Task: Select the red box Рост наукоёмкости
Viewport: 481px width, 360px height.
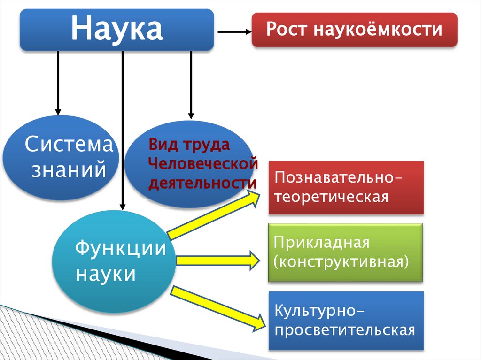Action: (x=354, y=30)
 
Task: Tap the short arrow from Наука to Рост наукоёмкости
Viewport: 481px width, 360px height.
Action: (x=234, y=31)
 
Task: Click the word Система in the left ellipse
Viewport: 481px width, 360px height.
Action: (x=69, y=144)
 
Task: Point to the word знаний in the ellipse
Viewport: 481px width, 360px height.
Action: (x=69, y=169)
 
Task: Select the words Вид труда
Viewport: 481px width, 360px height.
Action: (x=189, y=145)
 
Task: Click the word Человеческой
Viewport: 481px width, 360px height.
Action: (x=203, y=164)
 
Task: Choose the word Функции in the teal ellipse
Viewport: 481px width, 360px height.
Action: (x=121, y=247)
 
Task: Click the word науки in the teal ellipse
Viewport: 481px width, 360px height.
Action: (x=106, y=273)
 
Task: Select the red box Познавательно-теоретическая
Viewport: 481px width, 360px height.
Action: (x=346, y=188)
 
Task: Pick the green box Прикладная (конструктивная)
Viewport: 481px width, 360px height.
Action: (x=345, y=253)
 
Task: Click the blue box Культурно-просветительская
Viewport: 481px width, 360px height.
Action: (x=346, y=321)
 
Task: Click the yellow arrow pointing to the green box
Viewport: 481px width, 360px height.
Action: (x=217, y=260)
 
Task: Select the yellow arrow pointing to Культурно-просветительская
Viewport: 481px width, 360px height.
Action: (x=217, y=308)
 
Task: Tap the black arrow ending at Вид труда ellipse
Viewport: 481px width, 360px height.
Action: (x=191, y=84)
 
